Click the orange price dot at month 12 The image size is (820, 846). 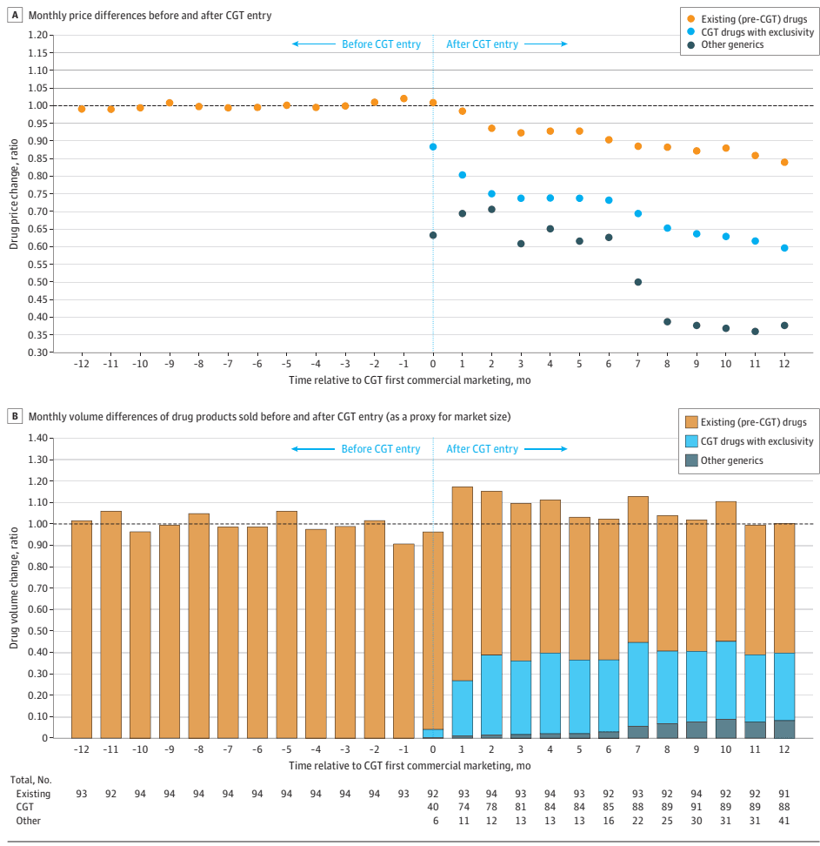click(784, 162)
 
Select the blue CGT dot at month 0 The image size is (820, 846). click(433, 147)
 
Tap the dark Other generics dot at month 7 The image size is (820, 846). click(638, 282)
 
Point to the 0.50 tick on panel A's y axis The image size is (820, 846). click(37, 282)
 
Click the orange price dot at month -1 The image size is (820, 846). click(403, 98)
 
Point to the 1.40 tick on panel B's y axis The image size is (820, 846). click(37, 439)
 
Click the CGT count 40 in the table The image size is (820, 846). click(433, 807)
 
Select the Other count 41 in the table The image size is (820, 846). click(784, 821)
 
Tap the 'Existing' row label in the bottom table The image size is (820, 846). click(34, 794)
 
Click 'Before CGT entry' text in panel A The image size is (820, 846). click(381, 44)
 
